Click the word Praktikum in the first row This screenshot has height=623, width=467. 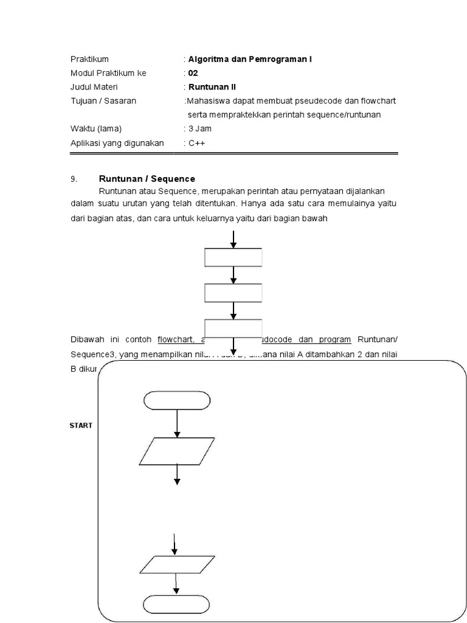(89, 59)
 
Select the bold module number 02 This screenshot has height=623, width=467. (193, 73)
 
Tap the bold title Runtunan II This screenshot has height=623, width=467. (209, 87)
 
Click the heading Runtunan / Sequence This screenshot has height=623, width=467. (147, 179)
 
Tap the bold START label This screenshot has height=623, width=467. (81, 426)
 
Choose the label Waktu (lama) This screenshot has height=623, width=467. (96, 129)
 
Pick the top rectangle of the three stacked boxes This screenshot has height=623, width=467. (233, 257)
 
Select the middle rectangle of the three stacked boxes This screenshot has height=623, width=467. (233, 293)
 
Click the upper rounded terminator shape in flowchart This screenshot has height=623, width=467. (177, 400)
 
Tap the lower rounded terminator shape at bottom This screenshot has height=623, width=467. (177, 604)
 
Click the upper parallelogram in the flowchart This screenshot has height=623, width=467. (177, 451)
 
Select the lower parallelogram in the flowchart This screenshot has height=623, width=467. (177, 565)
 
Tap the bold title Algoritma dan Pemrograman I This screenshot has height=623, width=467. (250, 59)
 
